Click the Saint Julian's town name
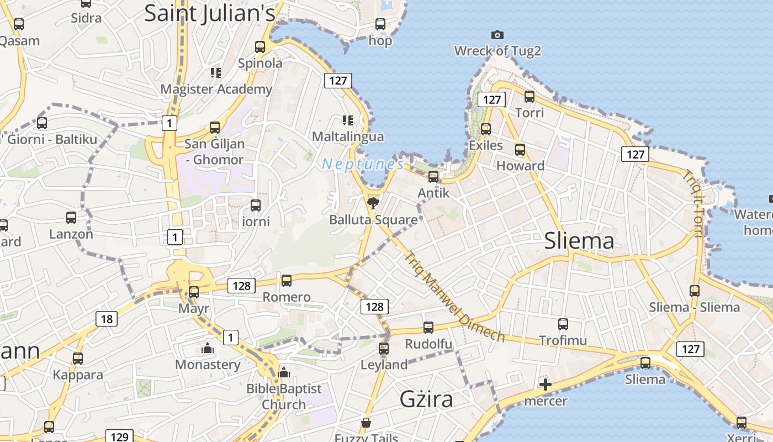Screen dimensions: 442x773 pyautogui.click(x=210, y=13)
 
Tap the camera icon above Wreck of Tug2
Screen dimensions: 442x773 pyautogui.click(x=497, y=35)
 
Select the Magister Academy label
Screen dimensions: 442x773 pyautogui.click(x=216, y=89)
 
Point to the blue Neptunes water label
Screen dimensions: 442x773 pyautogui.click(x=363, y=164)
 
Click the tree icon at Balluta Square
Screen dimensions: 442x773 pyautogui.click(x=373, y=203)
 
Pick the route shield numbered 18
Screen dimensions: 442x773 pyautogui.click(x=107, y=318)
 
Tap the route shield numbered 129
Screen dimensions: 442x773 pyautogui.click(x=120, y=437)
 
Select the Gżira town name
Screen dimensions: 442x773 pyautogui.click(x=426, y=399)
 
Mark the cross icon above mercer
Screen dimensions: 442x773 pyautogui.click(x=546, y=385)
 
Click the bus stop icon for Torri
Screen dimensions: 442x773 pyautogui.click(x=530, y=97)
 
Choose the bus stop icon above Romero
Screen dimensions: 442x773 pyautogui.click(x=287, y=280)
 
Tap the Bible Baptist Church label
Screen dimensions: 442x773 pyautogui.click(x=284, y=396)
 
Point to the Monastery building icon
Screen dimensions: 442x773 pyautogui.click(x=208, y=349)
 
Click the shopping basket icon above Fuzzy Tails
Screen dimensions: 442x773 pyautogui.click(x=366, y=423)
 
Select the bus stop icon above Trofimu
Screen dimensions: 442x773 pyautogui.click(x=563, y=324)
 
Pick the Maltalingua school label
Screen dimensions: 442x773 pyautogui.click(x=348, y=136)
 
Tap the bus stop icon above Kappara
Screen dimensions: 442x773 pyautogui.click(x=78, y=358)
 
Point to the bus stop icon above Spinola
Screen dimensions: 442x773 pyautogui.click(x=260, y=47)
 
